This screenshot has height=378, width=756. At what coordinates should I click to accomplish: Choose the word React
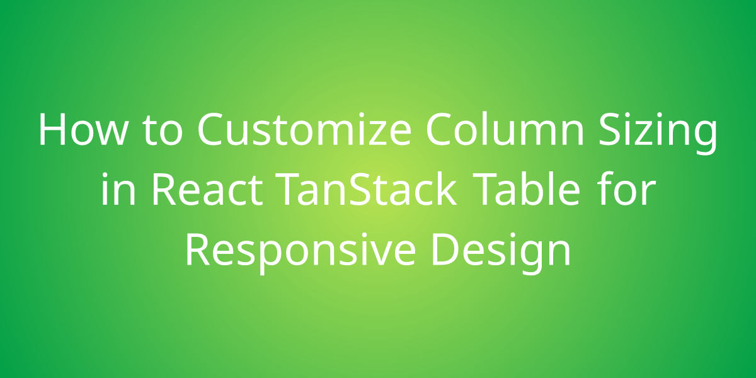tap(205, 190)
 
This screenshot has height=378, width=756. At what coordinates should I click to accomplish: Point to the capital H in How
tap(52, 130)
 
